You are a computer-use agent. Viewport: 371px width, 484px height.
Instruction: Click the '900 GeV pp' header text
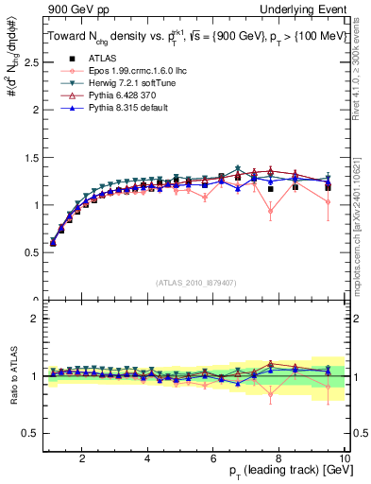coord(68,8)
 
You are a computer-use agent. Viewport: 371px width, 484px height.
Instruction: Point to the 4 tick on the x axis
coord(148,458)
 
